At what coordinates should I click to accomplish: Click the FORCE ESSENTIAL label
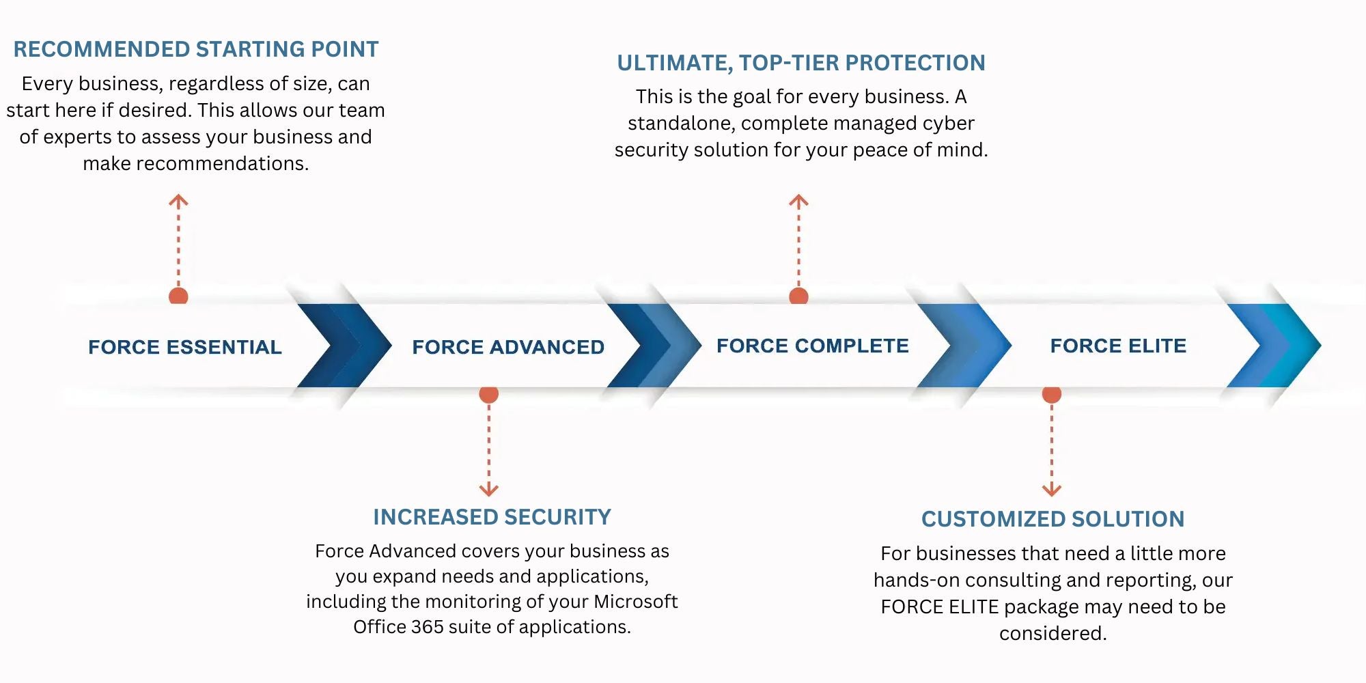[x=185, y=347]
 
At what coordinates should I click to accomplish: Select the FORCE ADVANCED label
[x=508, y=347]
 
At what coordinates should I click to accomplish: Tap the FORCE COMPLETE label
[x=813, y=346]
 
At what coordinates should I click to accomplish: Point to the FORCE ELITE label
[x=1118, y=346]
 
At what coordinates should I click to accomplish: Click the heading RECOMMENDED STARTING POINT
[x=196, y=49]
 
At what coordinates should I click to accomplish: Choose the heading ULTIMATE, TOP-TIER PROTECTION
[x=801, y=63]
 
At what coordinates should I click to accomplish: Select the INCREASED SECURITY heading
[x=492, y=517]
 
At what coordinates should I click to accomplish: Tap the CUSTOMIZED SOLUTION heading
[x=1053, y=519]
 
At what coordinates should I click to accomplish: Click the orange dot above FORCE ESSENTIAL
[x=178, y=296]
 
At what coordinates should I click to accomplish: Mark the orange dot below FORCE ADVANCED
[x=489, y=394]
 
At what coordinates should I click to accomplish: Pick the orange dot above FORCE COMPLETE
[x=798, y=296]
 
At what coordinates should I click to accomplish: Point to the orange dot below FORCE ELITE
[x=1052, y=394]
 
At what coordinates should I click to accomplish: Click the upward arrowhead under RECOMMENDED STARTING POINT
[x=178, y=200]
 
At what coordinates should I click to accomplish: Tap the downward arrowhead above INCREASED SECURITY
[x=489, y=490]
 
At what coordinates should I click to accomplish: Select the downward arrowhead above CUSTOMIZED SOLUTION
[x=1052, y=490]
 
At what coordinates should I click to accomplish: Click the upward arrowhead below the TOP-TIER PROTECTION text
[x=798, y=200]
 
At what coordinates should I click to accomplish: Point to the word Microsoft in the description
[x=635, y=602]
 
